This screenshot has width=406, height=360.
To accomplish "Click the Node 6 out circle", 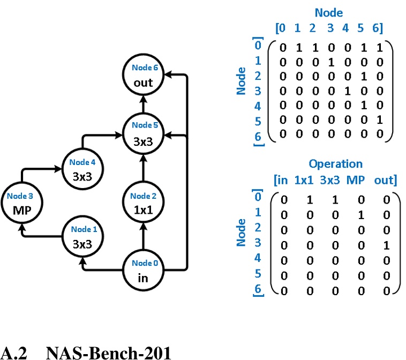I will click(143, 76).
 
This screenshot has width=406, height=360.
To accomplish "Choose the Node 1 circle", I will click(82, 237).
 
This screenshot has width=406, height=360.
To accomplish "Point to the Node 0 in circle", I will click(143, 271).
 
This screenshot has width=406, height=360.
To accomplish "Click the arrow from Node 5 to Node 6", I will click(143, 104).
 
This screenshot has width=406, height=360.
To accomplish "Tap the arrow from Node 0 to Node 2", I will click(143, 236).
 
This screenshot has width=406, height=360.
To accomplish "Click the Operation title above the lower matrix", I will click(335, 164).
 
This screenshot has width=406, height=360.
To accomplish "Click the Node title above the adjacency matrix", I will click(329, 12).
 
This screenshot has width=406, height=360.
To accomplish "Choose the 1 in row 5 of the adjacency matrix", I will click(379, 121).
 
